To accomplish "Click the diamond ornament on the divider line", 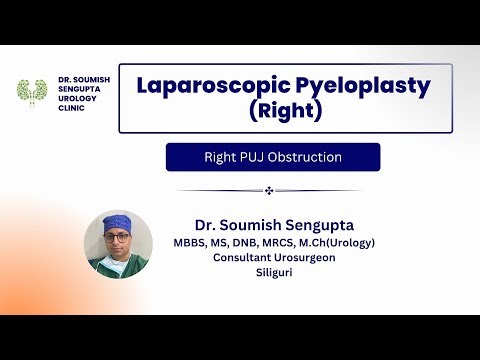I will coord(268,190).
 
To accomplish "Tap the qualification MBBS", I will coord(192,242).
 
